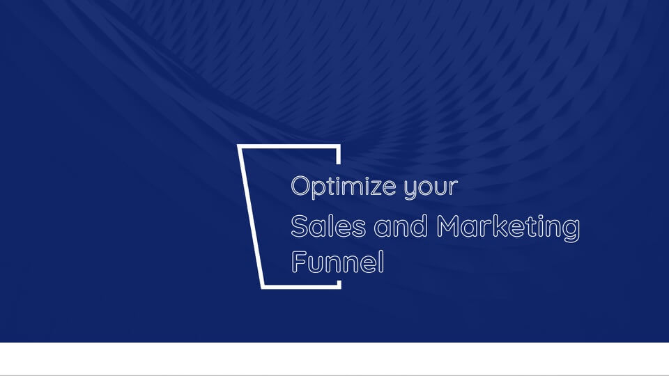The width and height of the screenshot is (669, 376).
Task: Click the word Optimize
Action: pos(344,187)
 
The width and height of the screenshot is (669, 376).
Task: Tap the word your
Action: pos(431,189)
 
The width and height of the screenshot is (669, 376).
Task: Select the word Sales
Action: pos(328,226)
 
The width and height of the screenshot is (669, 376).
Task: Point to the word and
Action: pos(401,226)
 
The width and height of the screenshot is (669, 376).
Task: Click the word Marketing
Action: pos(508,228)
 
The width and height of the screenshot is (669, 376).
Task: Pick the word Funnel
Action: pos(337,262)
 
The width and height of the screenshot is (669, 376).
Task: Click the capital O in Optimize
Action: pos(301,186)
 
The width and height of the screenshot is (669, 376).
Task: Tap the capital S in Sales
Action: pos(299,226)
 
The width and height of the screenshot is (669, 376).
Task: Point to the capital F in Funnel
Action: pos(299,261)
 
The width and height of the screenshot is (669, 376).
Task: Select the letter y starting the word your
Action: pos(411,190)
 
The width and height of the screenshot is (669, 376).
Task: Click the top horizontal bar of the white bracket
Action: pos(289,147)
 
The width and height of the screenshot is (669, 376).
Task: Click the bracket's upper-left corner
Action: pos(238,146)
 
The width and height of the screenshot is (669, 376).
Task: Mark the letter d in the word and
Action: pos(419,226)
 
